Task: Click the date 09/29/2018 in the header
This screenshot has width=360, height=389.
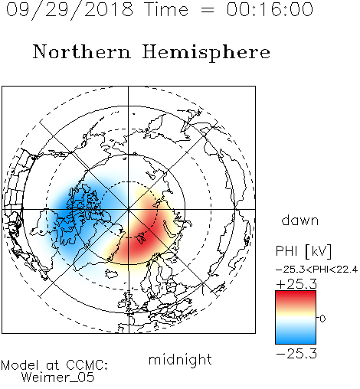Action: (70, 9)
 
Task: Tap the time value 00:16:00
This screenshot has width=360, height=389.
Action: (270, 9)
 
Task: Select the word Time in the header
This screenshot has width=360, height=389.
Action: (166, 9)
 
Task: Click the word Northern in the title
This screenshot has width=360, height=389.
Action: (82, 51)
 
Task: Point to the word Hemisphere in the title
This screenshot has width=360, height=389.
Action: (206, 53)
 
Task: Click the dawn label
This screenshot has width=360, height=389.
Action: (300, 221)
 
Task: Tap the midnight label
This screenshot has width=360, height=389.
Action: (180, 359)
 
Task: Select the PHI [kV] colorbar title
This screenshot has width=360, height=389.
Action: (303, 250)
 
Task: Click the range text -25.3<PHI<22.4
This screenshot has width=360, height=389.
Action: (316, 270)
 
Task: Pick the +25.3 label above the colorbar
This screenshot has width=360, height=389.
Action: (296, 284)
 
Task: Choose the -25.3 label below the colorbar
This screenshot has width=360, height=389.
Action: (296, 354)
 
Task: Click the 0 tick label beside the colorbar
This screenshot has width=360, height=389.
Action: (322, 319)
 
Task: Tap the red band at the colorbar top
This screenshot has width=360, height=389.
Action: (296, 296)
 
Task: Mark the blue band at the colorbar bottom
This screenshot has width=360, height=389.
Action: (296, 338)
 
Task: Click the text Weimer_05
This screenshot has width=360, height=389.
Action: (58, 378)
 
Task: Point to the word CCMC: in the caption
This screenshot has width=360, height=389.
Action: (87, 365)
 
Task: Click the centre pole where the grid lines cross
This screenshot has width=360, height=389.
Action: (129, 209)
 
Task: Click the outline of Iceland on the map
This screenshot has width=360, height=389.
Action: (112, 274)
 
